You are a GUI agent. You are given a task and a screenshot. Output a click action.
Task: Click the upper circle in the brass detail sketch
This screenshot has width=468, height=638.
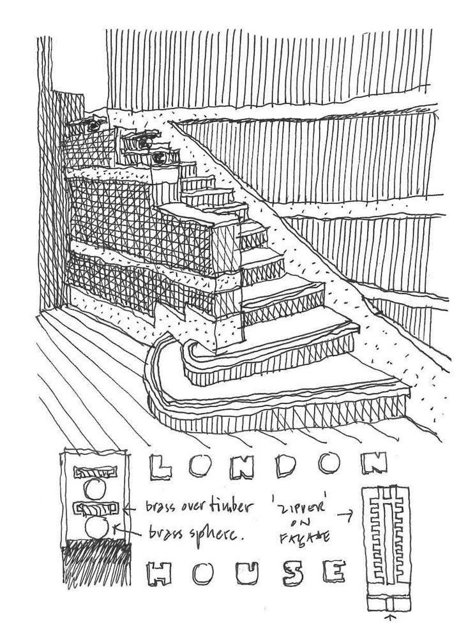94,489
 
